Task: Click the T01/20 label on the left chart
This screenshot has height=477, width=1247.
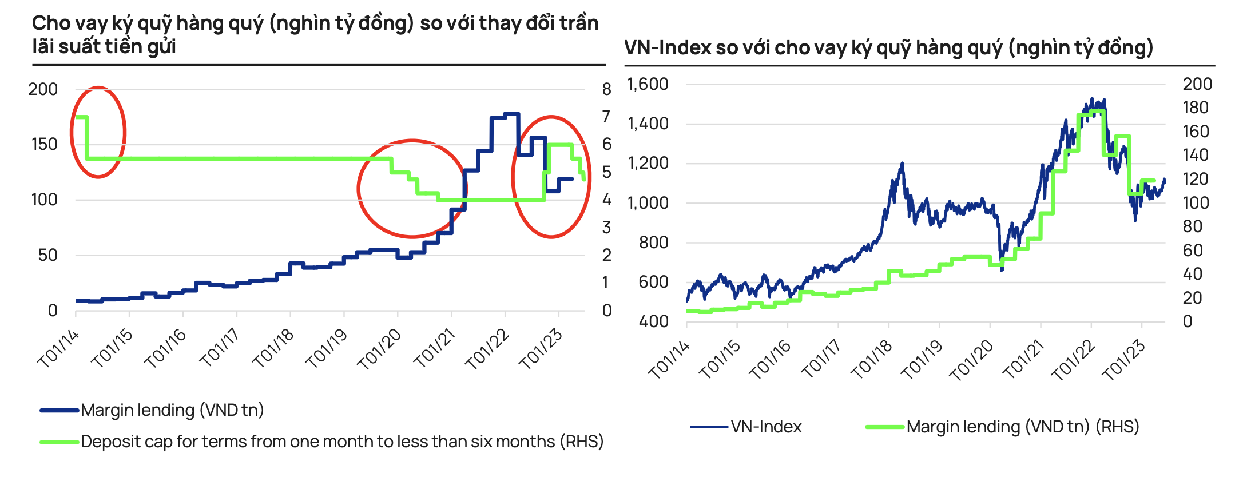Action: pyautogui.click(x=379, y=349)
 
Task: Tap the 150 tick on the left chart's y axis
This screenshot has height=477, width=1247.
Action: pyautogui.click(x=44, y=144)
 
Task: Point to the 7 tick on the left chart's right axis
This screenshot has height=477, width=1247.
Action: pyautogui.click(x=606, y=117)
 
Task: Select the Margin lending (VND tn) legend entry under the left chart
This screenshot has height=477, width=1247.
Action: pyautogui.click(x=172, y=410)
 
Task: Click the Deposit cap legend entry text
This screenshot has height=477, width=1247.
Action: pyautogui.click(x=341, y=442)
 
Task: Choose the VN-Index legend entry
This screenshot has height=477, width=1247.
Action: pyautogui.click(x=766, y=427)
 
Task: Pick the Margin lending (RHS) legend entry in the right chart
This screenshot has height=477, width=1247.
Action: pyautogui.click(x=1022, y=427)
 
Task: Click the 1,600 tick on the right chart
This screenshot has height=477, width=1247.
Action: pyautogui.click(x=648, y=84)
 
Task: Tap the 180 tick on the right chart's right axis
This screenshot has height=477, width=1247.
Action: pyautogui.click(x=1195, y=108)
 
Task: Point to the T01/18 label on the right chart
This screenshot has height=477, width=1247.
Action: pyautogui.click(x=872, y=359)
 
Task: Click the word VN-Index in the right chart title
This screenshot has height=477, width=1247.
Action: pyautogui.click(x=667, y=47)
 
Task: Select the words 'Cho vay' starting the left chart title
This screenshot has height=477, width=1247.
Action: pyautogui.click(x=70, y=23)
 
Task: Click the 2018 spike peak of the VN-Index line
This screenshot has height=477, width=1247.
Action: pyautogui.click(x=902, y=164)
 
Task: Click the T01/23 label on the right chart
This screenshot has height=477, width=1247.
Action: pyautogui.click(x=1124, y=359)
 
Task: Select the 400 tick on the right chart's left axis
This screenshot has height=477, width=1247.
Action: pyautogui.click(x=653, y=321)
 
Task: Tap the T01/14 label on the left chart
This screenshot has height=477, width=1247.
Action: pyautogui.click(x=58, y=349)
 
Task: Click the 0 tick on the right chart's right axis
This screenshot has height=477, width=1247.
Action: pyautogui.click(x=1188, y=321)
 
